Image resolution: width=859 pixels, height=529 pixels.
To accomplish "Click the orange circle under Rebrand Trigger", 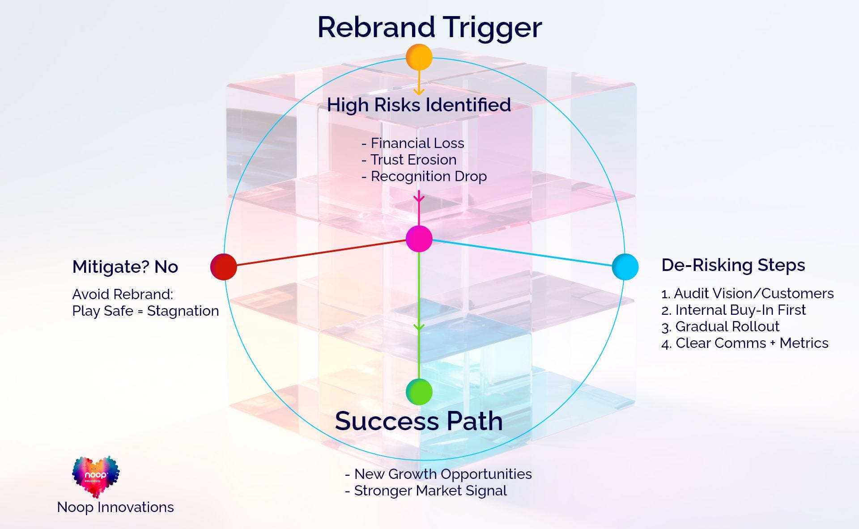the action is [x=419, y=57].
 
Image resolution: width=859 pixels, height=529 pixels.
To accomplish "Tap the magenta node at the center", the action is [x=419, y=239].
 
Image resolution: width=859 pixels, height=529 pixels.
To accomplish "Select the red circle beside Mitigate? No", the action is [x=224, y=267].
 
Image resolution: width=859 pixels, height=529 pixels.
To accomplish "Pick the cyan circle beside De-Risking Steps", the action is [x=625, y=267].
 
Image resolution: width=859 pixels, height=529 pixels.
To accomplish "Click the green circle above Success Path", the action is [x=419, y=392].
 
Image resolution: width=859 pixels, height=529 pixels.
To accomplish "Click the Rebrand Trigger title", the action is [x=429, y=28].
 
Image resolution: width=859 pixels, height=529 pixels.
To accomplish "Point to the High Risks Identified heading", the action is [x=419, y=105].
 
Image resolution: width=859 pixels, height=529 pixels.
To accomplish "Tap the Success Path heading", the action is [x=419, y=421].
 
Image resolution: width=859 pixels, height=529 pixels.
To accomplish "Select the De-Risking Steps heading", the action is [x=733, y=265].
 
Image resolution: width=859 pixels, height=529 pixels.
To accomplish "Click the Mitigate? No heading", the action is [x=125, y=267].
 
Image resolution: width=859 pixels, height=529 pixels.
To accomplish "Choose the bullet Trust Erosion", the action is [x=409, y=160].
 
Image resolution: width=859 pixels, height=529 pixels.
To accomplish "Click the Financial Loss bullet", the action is [x=412, y=143].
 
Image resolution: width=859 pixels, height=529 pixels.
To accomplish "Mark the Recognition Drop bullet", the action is [x=424, y=177].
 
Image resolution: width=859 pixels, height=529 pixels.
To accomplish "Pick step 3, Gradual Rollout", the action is [x=720, y=326].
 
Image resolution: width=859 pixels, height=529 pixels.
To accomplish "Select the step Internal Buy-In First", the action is [x=733, y=310].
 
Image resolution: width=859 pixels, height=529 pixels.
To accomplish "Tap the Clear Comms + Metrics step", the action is [x=745, y=343].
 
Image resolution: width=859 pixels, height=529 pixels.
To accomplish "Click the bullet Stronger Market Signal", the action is [x=426, y=491].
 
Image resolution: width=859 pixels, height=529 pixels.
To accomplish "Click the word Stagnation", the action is [x=183, y=311].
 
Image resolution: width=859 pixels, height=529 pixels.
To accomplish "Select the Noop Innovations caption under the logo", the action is [x=115, y=507].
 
